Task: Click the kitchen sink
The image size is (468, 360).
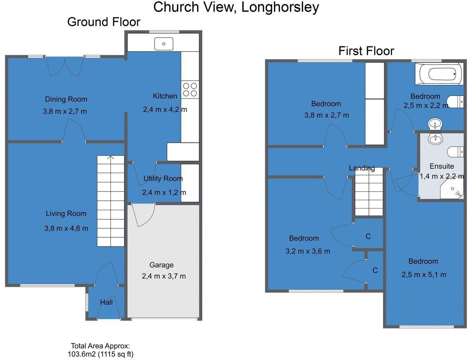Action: pyautogui.click(x=164, y=44)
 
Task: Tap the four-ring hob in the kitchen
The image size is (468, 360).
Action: pyautogui.click(x=190, y=89)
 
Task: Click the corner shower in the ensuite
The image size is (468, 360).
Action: pyautogui.click(x=454, y=190)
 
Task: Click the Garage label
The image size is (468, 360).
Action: pyautogui.click(x=161, y=265)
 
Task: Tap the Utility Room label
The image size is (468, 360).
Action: pyautogui.click(x=163, y=179)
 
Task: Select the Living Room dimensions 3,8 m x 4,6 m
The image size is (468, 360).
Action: pyautogui.click(x=66, y=229)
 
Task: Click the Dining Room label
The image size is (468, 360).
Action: pyautogui.click(x=66, y=99)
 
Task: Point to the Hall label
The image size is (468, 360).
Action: pyautogui.click(x=106, y=302)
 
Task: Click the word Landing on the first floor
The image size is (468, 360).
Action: pyautogui.click(x=362, y=168)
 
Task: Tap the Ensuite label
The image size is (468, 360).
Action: pyautogui.click(x=442, y=166)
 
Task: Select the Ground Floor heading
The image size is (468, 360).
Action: pyautogui.click(x=104, y=22)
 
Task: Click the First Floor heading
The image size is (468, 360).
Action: pyautogui.click(x=366, y=51)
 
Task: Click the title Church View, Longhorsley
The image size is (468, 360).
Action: pyautogui.click(x=236, y=7)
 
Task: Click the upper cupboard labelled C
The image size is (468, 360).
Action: pyautogui.click(x=368, y=236)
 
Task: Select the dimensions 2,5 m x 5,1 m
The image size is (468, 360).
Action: pyautogui.click(x=424, y=275)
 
